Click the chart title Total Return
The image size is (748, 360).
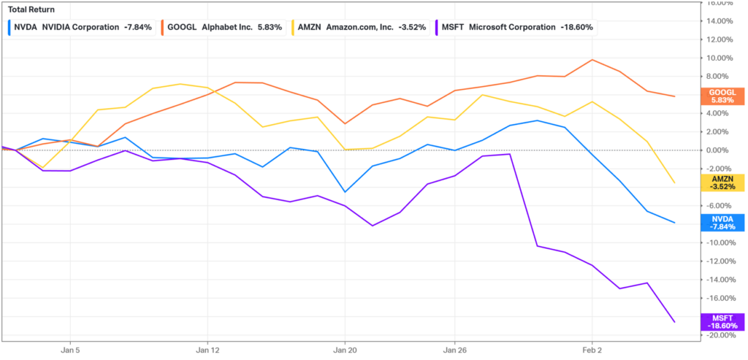pyautogui.click(x=29, y=9)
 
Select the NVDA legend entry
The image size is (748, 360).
pyautogui.click(x=80, y=27)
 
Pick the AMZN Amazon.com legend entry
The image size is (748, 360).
pyautogui.click(x=361, y=27)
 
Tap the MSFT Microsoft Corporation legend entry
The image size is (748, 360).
pyautogui.click(x=515, y=27)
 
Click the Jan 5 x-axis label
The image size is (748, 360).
pyautogui.click(x=70, y=350)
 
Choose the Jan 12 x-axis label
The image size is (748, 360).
pyautogui.click(x=207, y=350)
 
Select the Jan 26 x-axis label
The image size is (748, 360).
pyautogui.click(x=454, y=350)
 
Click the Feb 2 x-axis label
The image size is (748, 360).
pyautogui.click(x=592, y=350)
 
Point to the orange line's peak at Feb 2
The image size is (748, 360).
pyautogui.click(x=592, y=60)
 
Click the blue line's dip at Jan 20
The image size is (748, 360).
pyautogui.click(x=345, y=191)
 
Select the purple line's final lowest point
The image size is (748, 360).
pyautogui.click(x=674, y=322)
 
